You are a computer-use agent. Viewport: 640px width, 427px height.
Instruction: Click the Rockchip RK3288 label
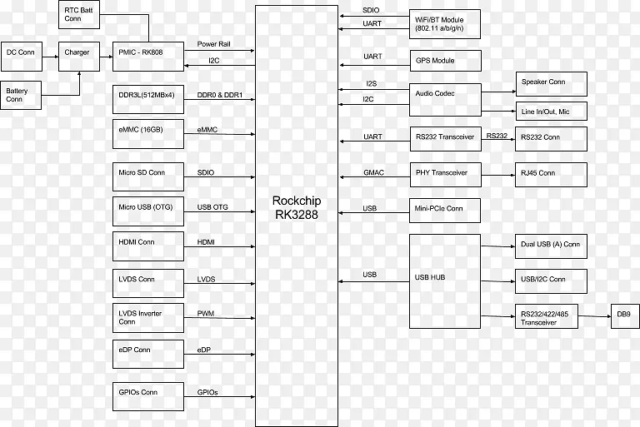(296, 207)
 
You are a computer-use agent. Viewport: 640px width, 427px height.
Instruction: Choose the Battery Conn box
(22, 96)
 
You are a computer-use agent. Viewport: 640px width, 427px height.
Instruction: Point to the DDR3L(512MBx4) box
(147, 99)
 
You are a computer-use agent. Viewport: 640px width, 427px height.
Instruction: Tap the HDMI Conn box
(147, 246)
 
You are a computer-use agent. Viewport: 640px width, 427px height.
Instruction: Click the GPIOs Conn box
(147, 395)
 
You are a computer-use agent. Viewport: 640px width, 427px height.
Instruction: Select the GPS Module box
(445, 61)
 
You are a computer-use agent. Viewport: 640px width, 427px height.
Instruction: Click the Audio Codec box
(445, 97)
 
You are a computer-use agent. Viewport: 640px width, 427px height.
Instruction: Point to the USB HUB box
(445, 281)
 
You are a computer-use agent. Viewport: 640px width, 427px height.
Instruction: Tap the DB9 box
(622, 315)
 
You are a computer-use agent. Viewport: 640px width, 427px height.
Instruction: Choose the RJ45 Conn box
(551, 174)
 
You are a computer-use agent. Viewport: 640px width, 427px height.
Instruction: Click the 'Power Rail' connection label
(213, 43)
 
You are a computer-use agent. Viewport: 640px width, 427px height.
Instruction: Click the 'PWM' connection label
(205, 313)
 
